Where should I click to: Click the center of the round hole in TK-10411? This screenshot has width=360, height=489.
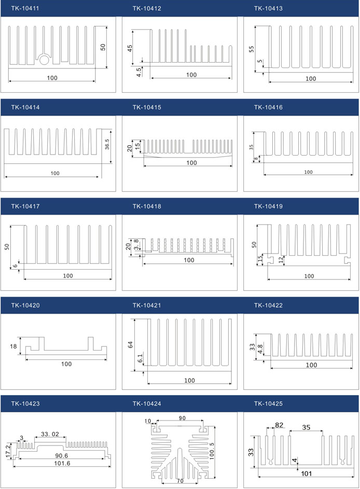[44, 59]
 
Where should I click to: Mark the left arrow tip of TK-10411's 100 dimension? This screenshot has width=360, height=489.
[9, 81]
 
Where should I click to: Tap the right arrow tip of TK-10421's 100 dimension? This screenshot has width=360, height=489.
[231, 383]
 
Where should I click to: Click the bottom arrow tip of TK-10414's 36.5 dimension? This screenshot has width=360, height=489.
[110, 163]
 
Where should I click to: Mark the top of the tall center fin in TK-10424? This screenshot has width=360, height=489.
[179, 450]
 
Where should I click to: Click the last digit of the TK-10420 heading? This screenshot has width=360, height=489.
[38, 305]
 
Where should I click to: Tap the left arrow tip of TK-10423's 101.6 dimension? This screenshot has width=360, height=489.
[13, 466]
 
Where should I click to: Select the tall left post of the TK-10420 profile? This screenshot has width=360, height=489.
[41, 344]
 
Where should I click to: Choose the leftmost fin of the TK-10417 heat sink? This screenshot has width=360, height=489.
[25, 245]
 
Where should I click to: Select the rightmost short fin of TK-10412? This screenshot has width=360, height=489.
[231, 53]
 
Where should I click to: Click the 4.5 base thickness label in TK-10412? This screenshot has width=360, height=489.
[139, 72]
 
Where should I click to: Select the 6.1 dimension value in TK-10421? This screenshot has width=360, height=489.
[140, 358]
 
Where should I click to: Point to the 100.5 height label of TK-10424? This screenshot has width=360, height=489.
[212, 451]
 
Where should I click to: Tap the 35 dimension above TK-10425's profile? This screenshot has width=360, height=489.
[306, 427]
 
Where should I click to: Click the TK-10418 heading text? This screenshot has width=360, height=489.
[147, 206]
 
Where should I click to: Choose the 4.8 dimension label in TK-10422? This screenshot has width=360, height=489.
[260, 349]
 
